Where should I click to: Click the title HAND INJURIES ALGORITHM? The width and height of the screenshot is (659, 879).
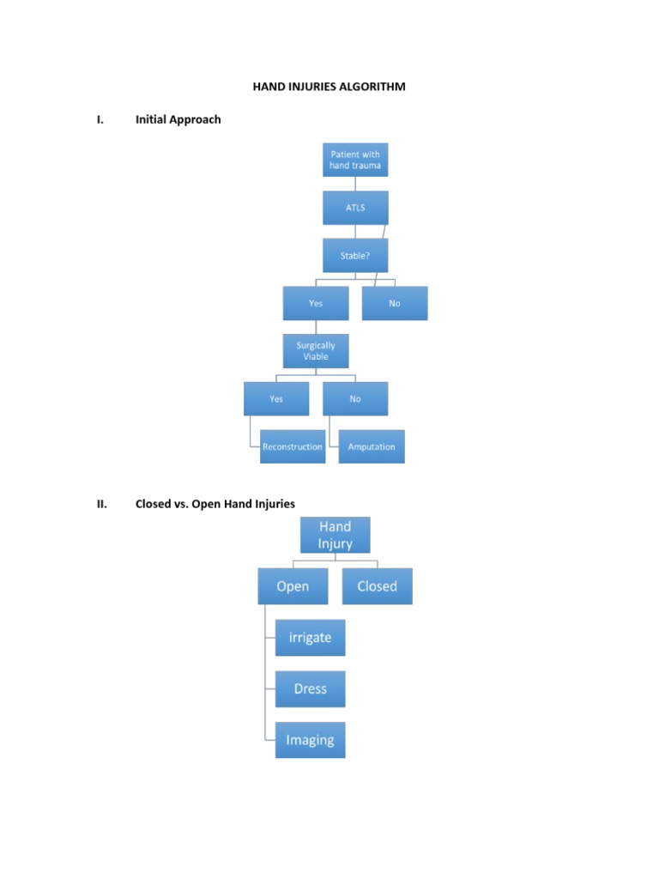tap(329, 87)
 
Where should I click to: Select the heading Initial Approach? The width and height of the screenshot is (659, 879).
tap(178, 119)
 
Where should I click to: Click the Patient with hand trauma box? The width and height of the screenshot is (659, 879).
tap(355, 160)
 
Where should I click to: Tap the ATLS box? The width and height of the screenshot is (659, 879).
tap(355, 208)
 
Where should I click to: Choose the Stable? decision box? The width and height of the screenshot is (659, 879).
tap(355, 255)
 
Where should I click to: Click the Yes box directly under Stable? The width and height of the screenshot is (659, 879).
tap(316, 303)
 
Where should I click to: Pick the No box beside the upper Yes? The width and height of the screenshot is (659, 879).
tap(394, 303)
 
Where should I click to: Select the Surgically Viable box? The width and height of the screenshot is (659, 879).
tap(316, 351)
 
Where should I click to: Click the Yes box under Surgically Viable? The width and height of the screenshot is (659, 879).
tap(276, 398)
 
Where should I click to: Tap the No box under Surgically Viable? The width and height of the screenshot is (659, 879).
tap(355, 398)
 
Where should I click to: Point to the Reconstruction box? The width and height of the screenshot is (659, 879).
tap(293, 446)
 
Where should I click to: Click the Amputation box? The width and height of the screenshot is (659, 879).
tap(372, 446)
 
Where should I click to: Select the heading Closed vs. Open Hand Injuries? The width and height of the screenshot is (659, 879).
tap(215, 504)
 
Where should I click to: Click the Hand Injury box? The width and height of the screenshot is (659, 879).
tap(336, 535)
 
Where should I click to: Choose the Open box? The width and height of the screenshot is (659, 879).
tap(293, 586)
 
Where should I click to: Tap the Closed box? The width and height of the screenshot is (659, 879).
tap(378, 586)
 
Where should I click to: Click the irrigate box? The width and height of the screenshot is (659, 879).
tap(310, 638)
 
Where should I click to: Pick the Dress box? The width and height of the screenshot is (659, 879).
tap(310, 688)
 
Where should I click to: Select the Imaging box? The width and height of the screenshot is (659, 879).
tap(310, 740)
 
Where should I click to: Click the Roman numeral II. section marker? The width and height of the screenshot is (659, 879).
tap(102, 504)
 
